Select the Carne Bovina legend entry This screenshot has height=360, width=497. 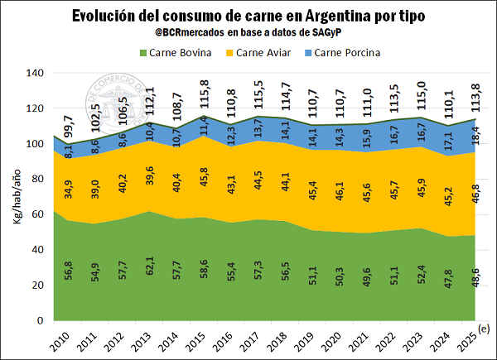177,53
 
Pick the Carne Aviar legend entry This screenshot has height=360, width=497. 263,53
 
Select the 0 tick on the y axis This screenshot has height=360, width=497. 40,320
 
